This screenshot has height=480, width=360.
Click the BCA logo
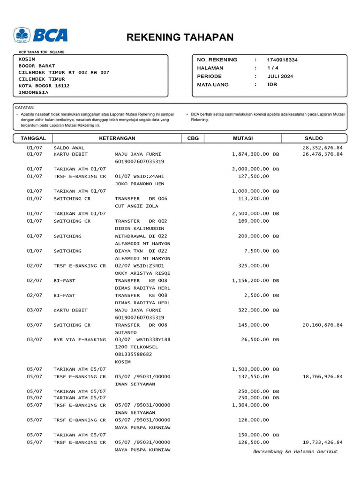click(x=41, y=35)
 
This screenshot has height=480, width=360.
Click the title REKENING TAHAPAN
click(x=180, y=37)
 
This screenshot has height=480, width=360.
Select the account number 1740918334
click(x=282, y=60)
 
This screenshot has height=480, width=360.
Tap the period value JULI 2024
click(x=280, y=76)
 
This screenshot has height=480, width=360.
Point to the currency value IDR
click(x=272, y=85)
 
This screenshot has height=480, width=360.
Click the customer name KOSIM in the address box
click(x=27, y=59)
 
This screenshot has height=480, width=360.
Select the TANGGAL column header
click(x=33, y=138)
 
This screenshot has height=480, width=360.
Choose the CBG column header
click(x=193, y=138)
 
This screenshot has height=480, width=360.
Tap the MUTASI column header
click(x=243, y=138)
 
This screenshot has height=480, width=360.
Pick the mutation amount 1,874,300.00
click(x=250, y=154)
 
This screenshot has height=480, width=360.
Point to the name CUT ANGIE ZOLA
click(x=136, y=206)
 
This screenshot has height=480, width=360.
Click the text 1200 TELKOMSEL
click(x=136, y=347)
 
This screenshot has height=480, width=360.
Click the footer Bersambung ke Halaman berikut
click(x=295, y=451)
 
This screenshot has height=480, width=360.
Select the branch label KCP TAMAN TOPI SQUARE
click(x=42, y=52)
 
